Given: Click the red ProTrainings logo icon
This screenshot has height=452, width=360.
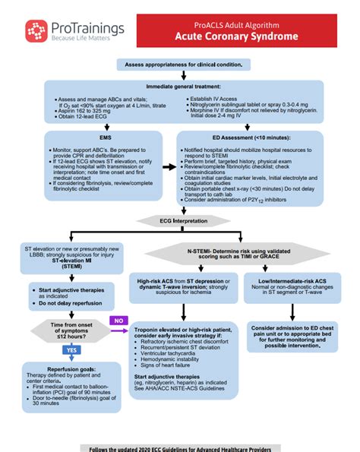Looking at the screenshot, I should pyautogui.click(x=36, y=31).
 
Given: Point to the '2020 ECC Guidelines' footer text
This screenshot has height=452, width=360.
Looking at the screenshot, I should pyautogui.click(x=181, y=447).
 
